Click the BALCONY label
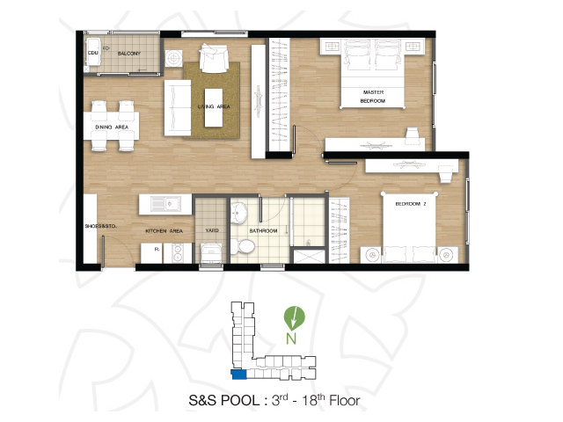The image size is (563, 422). pyautogui.click(x=129, y=54)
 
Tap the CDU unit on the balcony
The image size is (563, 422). pyautogui.click(x=93, y=52)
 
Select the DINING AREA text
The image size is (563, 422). pyautogui.click(x=112, y=127)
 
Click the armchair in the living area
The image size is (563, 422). pyautogui.click(x=214, y=58)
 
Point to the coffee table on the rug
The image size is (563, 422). pyautogui.click(x=214, y=107)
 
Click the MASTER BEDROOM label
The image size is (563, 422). pyautogui.click(x=373, y=97)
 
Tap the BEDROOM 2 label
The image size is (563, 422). pyautogui.click(x=411, y=204)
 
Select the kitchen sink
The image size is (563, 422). pyautogui.click(x=166, y=204)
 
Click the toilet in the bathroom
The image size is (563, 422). pyautogui.click(x=243, y=246)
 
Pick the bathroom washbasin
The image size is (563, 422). pyautogui.click(x=238, y=212)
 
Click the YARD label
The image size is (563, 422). pyautogui.click(x=212, y=230)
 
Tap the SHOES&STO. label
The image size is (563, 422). pyautogui.click(x=100, y=226)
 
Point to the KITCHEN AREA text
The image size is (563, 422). pyautogui.click(x=165, y=231)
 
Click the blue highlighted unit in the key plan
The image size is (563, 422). pyautogui.click(x=238, y=375)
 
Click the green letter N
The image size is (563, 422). pyautogui.click(x=291, y=338)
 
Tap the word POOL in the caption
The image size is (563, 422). pyautogui.click(x=239, y=401)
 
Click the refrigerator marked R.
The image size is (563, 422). pyautogui.click(x=151, y=253)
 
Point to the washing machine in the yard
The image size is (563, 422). pyautogui.click(x=211, y=254)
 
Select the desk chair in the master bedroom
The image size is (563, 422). pyautogui.click(x=413, y=135)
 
